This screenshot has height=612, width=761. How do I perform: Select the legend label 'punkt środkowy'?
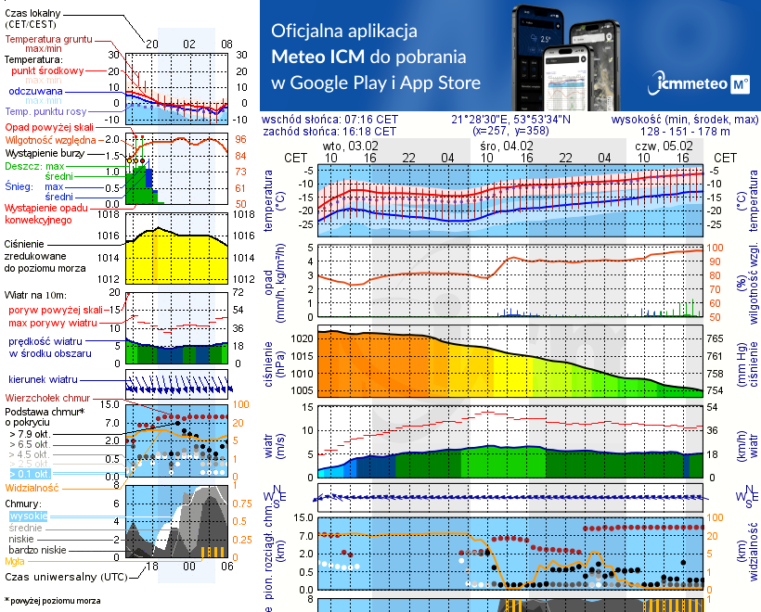pyautogui.click(x=47, y=70)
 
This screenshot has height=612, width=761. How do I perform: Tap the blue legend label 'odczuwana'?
pyautogui.click(x=35, y=92)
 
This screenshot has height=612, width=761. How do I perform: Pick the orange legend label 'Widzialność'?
pyautogui.click(x=32, y=487)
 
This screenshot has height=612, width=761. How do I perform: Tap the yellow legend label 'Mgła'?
pyautogui.click(x=15, y=560)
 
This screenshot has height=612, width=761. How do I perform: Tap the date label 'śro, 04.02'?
pyautogui.click(x=506, y=146)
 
